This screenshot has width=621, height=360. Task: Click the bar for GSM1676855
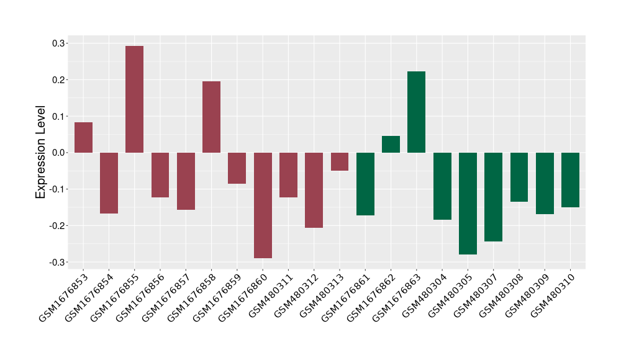pos(134,99)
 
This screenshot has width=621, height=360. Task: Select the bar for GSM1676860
pos(263,205)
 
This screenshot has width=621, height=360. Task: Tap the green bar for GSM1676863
pos(416,112)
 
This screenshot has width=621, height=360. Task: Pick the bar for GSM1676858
pos(211,117)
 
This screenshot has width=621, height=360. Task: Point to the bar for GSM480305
pos(468,204)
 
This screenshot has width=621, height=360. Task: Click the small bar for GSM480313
pos(339,161)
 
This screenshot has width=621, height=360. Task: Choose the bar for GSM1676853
pos(83,137)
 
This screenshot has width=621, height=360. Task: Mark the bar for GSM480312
pos(314,190)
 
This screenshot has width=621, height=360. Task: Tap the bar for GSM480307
pos(493,197)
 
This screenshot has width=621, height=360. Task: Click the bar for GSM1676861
pos(365,184)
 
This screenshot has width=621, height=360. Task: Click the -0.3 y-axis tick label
pos(58,262)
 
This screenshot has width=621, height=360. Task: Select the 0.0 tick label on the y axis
pos(59,153)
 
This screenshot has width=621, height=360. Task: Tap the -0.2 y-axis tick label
pos(58,226)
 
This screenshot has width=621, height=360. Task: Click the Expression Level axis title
pos(41,152)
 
